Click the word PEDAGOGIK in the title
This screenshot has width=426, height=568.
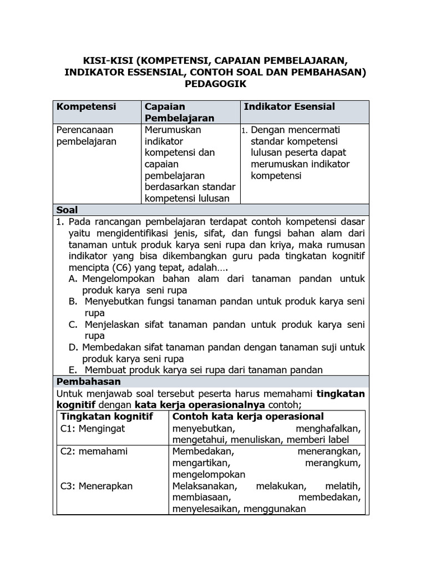coord(214,84)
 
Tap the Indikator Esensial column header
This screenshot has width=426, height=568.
coord(289,106)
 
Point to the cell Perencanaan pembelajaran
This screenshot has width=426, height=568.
coord(87,135)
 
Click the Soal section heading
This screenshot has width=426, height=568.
coord(67,210)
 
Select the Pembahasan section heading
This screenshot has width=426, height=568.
coord(88,382)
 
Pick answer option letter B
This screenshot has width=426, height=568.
coord(73,301)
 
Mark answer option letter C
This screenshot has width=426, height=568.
coord(73,324)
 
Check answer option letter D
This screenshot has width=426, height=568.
coord(73,347)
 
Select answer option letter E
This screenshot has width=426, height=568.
coord(73,370)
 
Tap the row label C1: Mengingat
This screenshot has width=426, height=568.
coord(93,428)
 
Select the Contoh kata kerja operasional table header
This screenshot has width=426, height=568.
coord(248,416)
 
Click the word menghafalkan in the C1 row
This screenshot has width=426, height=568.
coord(328,428)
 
